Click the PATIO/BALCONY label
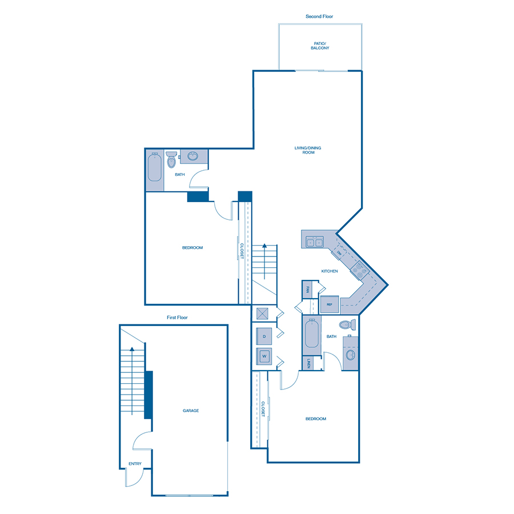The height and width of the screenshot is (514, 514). pyautogui.click(x=320, y=45)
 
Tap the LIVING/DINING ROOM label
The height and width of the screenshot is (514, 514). pyautogui.click(x=308, y=150)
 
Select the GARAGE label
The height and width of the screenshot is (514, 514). pyautogui.click(x=191, y=411)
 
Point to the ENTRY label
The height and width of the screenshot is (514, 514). pyautogui.click(x=135, y=464)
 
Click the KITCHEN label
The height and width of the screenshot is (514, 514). pyautogui.click(x=330, y=271)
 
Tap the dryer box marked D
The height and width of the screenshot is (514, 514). pyautogui.click(x=264, y=337)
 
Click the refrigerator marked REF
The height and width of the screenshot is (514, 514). pyautogui.click(x=330, y=305)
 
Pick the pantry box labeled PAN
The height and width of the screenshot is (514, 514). pyautogui.click(x=307, y=289)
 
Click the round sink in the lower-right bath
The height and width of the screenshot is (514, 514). pyautogui.click(x=350, y=355)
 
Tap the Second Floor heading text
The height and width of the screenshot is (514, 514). pyautogui.click(x=319, y=17)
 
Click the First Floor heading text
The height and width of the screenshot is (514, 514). pyautogui.click(x=174, y=318)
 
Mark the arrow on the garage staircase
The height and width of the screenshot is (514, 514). pyautogui.click(x=132, y=350)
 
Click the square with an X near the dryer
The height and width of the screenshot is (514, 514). pyautogui.click(x=263, y=314)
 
